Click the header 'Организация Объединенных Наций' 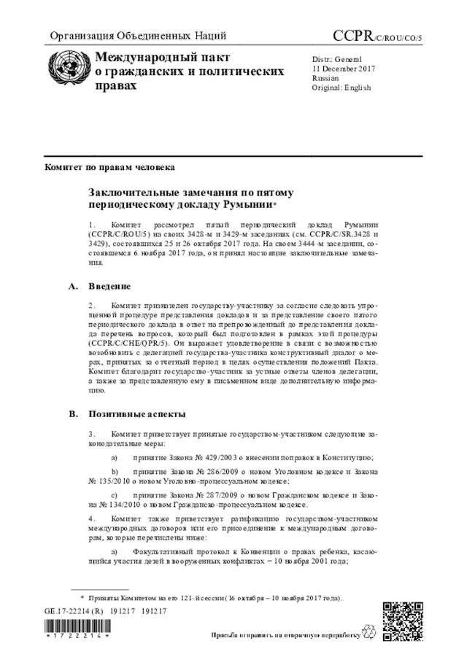[138, 36]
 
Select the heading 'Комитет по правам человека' [110, 167]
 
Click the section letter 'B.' [73, 414]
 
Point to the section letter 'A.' [73, 286]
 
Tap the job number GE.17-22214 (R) [74, 611]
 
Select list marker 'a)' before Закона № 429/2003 [115, 457]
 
